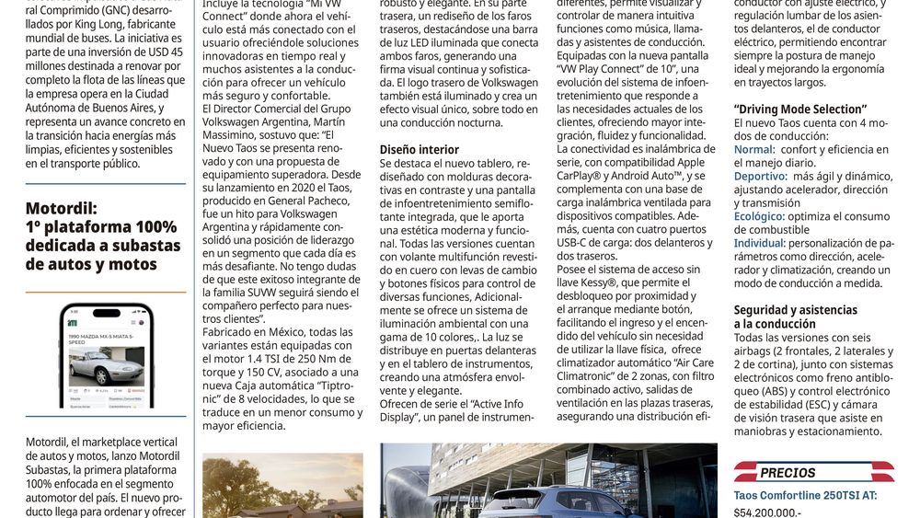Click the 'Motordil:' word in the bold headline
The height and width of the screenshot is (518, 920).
pos(62,208)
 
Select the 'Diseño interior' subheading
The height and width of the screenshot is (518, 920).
pos(419,149)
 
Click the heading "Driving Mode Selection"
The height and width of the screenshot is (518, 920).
pos(800,109)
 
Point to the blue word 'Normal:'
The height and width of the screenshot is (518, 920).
pos(754,149)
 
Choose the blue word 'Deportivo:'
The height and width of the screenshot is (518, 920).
pos(760,176)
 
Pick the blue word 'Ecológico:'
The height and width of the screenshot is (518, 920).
pos(761,216)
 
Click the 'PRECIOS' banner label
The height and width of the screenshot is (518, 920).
pos(788,473)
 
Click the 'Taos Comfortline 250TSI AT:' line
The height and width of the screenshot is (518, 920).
pos(805,494)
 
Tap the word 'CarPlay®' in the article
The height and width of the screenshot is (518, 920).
pos(581,175)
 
